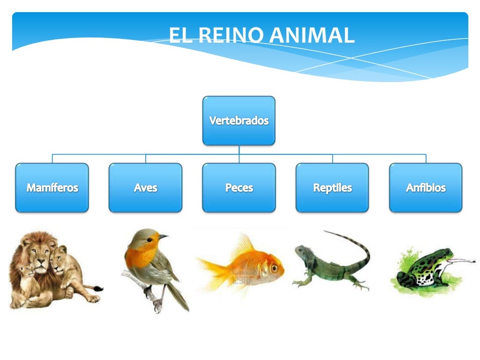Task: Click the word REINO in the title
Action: click(x=225, y=36)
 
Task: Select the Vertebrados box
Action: click(x=239, y=120)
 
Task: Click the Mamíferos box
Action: click(x=52, y=187)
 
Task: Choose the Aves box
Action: click(x=145, y=187)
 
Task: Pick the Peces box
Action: click(x=239, y=187)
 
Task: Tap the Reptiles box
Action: click(x=332, y=187)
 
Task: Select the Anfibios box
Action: click(x=426, y=187)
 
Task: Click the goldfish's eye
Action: click(x=274, y=268)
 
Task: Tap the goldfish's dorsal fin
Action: click(x=244, y=245)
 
